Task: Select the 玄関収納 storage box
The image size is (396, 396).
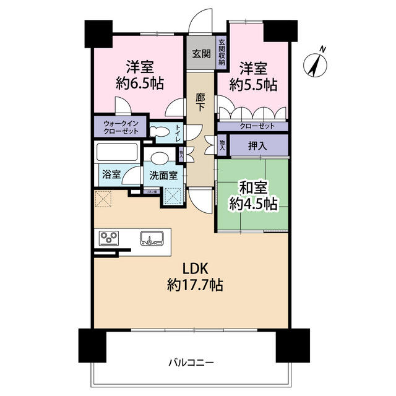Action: point(222,53)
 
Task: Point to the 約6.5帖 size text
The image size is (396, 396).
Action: point(140,84)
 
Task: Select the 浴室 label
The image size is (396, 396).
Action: point(111,175)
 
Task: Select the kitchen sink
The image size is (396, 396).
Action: point(152,238)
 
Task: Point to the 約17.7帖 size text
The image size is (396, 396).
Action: point(195,286)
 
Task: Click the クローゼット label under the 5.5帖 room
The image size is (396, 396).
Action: point(253,126)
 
